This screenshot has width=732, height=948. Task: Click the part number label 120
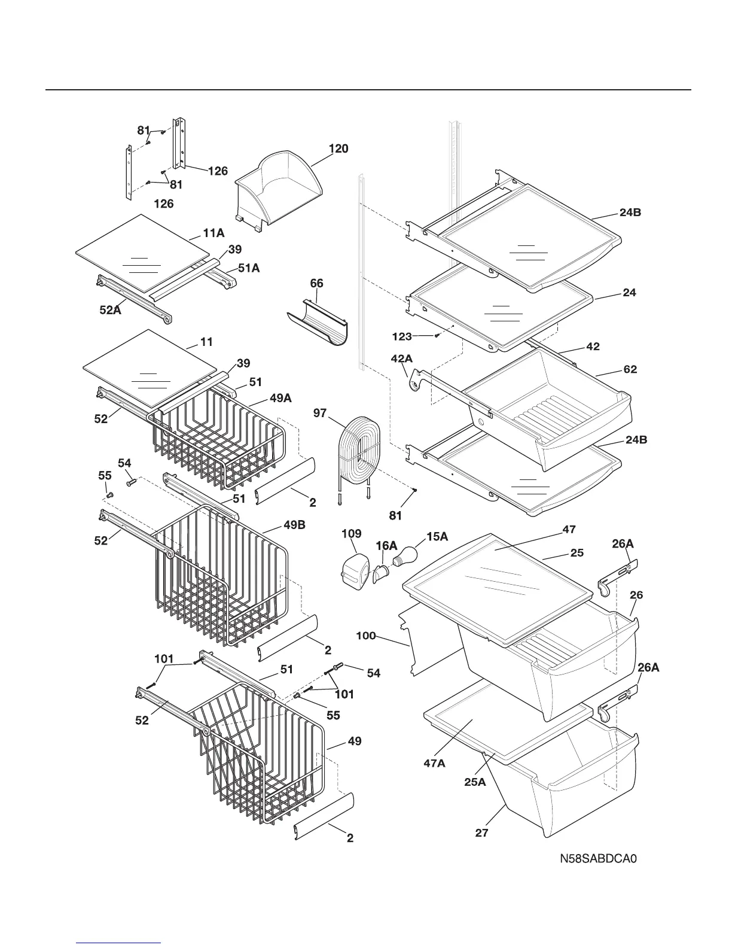click(338, 148)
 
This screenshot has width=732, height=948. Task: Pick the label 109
click(352, 533)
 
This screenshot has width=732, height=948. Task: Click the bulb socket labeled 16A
click(382, 575)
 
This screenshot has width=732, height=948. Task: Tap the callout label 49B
click(294, 525)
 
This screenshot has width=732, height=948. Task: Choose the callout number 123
click(402, 336)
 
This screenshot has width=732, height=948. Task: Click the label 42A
click(401, 358)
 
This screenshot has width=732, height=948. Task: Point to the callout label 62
click(630, 369)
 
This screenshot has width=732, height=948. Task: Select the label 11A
click(213, 233)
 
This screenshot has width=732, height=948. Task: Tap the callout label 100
click(366, 635)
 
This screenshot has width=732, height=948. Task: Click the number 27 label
click(482, 832)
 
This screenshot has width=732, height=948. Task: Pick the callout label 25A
click(475, 782)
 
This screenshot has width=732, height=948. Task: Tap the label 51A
click(249, 269)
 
